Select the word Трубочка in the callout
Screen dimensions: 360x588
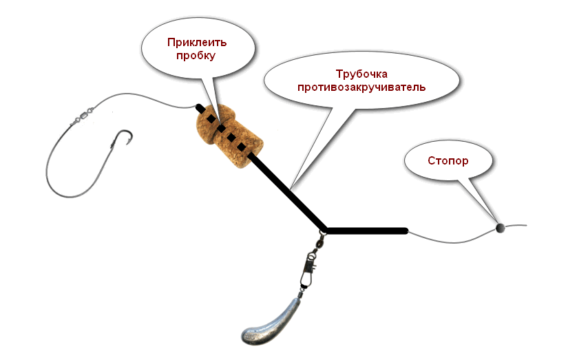361,74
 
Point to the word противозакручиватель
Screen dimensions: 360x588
361,87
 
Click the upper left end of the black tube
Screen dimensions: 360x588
199,107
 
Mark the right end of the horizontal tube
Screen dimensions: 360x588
406,231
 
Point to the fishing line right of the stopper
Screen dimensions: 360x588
516,226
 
